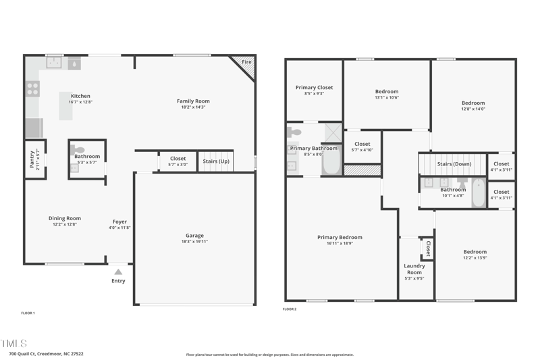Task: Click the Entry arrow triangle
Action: click(118, 272)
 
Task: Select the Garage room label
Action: click(194, 236)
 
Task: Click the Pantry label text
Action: click(31, 158)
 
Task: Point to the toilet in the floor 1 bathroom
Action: click(78, 150)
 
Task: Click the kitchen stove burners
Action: click(32, 88)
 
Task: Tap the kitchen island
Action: click(65, 106)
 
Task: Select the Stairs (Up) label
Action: click(216, 161)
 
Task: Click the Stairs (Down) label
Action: click(454, 164)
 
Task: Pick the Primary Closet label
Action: click(314, 87)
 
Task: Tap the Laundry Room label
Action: click(414, 269)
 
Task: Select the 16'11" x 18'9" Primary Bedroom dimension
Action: click(340, 243)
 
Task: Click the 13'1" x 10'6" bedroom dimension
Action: click(387, 97)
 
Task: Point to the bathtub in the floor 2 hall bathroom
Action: click(478, 192)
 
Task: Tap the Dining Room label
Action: click(64, 218)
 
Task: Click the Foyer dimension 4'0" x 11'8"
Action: click(119, 228)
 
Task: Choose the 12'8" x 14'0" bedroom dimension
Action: click(473, 109)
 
